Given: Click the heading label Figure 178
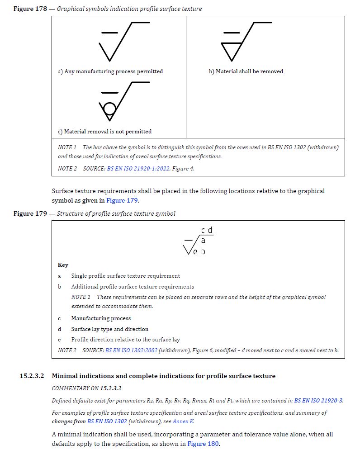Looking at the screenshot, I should coord(30,9).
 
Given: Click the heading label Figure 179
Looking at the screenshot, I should coord(30,213).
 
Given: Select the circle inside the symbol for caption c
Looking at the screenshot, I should coord(109,109).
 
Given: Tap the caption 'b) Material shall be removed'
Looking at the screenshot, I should coord(246,71).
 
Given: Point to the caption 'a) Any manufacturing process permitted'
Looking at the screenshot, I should coord(110,71).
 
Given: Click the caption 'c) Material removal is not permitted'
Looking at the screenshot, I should coord(104,132).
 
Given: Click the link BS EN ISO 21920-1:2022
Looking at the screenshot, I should coord(138,169).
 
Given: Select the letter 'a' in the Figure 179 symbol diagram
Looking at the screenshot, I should coord(203,241).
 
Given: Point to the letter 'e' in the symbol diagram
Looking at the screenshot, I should coord(195,251).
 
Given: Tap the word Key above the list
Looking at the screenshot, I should coord(63,265).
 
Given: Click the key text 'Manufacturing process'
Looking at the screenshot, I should coord(101,318).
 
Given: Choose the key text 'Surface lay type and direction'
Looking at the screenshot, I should coord(109,329).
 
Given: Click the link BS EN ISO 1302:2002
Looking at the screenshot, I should coord(131,350).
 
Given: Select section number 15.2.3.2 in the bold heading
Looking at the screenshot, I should coord(32,376).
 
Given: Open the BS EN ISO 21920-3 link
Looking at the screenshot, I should coord(318,401).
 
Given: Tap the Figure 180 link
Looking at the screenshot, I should coord(203,444).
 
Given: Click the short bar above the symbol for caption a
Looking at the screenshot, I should coord(109,33).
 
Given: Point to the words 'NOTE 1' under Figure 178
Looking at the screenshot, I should coord(67,147).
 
